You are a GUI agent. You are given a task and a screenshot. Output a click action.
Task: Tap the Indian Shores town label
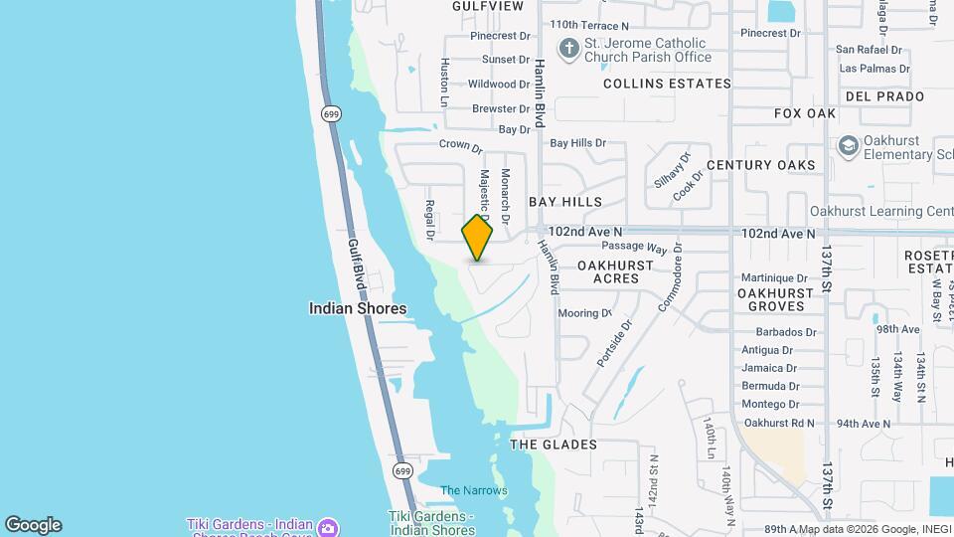pyautogui.click(x=358, y=309)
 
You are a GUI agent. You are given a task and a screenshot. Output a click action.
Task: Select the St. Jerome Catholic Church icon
pyautogui.click(x=568, y=49)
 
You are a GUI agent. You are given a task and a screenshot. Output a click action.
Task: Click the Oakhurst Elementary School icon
pyautogui.click(x=848, y=147)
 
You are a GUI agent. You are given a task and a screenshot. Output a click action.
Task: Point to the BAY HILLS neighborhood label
pyautogui.click(x=565, y=202)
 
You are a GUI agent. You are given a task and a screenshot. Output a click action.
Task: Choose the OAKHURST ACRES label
pyautogui.click(x=615, y=272)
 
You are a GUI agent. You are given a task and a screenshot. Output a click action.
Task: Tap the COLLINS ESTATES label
pyautogui.click(x=667, y=85)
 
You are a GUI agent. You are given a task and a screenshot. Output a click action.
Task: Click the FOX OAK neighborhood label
pyautogui.click(x=805, y=114)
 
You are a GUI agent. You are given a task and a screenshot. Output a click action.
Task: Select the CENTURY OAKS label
pyautogui.click(x=761, y=165)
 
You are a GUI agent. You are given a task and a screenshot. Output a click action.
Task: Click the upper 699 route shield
pyautogui.click(x=330, y=113)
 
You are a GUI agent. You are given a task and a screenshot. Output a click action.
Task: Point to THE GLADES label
pyautogui.click(x=554, y=445)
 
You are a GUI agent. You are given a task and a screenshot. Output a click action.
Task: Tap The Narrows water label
pyautogui.click(x=474, y=490)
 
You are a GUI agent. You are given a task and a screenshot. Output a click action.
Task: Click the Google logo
pyautogui.click(x=33, y=525)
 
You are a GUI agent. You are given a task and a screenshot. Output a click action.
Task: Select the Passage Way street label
pyautogui.click(x=634, y=246)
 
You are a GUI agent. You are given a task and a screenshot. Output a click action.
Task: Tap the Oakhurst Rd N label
pyautogui.click(x=779, y=423)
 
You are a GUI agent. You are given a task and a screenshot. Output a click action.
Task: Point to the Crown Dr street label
pyautogui.click(x=460, y=146)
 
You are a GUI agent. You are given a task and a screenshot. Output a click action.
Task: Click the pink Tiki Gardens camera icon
pyautogui.click(x=331, y=525)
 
